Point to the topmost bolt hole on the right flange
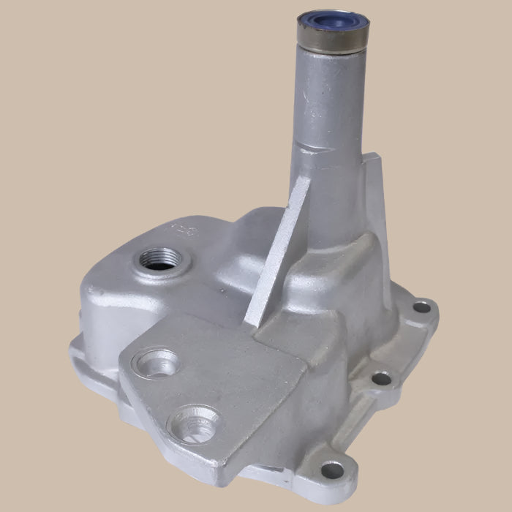coord(422,307)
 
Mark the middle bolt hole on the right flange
coord(381,378)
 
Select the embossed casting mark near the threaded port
coord(181,231)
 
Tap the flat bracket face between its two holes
coord(183,391)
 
